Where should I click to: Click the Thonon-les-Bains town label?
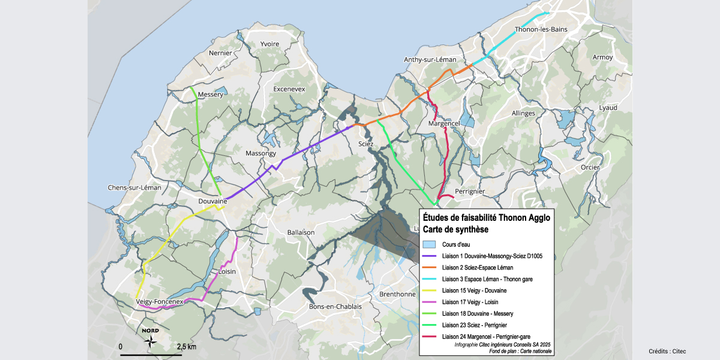point(541,30)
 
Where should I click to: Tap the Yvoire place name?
point(269,44)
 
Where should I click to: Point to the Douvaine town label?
point(212,202)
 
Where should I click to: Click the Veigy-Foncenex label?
point(159,302)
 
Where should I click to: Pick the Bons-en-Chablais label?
point(335,307)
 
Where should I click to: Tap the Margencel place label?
point(444,123)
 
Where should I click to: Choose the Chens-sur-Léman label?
point(134,187)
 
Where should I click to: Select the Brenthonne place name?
point(397,294)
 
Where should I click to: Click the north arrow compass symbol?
point(151,340)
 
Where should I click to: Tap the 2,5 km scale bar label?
point(187,347)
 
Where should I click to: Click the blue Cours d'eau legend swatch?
point(428,245)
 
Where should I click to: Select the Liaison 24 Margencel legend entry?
point(485,336)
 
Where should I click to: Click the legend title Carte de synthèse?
point(455,229)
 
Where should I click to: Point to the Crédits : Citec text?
point(667,351)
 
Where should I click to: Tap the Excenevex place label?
point(289,89)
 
